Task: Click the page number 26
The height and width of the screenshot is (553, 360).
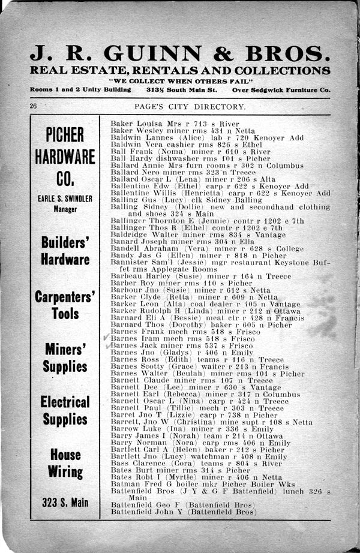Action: [x=34, y=106]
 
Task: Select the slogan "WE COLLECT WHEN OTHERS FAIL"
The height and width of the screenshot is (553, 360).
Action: [x=180, y=81]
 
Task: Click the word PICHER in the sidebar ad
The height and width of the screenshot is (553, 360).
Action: [x=65, y=136]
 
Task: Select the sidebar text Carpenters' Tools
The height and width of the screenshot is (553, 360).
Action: [x=65, y=305]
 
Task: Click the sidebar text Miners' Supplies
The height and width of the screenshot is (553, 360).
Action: [x=65, y=357]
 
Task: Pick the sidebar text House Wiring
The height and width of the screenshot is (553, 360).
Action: [x=65, y=463]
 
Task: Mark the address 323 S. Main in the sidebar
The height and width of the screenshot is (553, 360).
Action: [x=65, y=502]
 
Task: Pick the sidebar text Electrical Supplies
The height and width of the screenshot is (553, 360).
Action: [x=65, y=410]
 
